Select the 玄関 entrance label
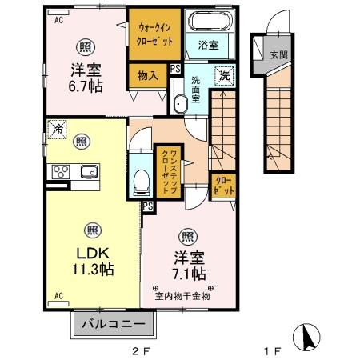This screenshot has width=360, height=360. click(278, 55)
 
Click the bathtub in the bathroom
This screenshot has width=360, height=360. click(206, 22)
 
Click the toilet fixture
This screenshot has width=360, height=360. click(142, 182)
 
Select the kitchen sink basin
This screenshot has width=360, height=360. click(87, 171)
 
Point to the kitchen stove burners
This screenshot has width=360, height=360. click(61, 171)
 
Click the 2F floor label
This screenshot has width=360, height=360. click(141, 350)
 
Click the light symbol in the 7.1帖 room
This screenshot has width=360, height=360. click(187, 236)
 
